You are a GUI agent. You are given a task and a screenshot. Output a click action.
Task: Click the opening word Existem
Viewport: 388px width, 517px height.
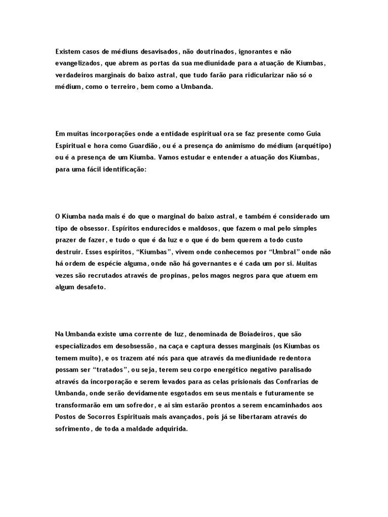(68, 51)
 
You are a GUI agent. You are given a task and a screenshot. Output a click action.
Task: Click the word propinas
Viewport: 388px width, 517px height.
(169, 275)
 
